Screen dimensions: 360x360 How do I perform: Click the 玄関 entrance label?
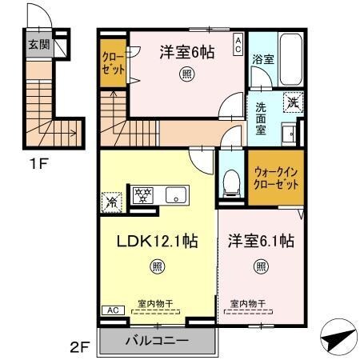(x=38, y=45)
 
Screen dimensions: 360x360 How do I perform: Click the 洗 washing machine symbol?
(x=294, y=102)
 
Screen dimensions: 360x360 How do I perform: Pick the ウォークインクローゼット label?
(x=277, y=176)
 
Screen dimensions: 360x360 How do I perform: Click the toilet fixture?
(x=231, y=182)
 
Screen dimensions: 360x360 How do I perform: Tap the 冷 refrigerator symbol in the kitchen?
(x=111, y=202)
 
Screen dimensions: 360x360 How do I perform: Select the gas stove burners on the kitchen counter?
(x=143, y=194)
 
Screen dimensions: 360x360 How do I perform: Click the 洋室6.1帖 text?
(x=260, y=240)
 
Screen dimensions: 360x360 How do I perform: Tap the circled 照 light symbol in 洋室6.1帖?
(x=260, y=266)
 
